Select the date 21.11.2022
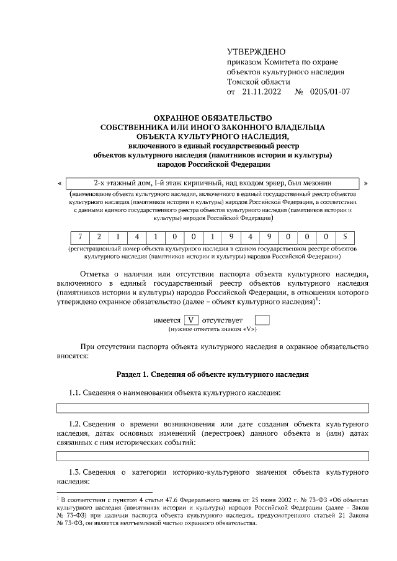(262, 92)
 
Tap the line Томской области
(258, 82)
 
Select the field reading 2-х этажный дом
(213, 183)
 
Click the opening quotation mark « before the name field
(59, 183)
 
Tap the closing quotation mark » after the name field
(366, 183)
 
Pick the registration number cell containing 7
(79, 237)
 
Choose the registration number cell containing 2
(98, 237)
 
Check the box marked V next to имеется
(192, 320)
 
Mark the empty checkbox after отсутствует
(262, 320)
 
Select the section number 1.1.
(75, 392)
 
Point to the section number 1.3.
(75, 472)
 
